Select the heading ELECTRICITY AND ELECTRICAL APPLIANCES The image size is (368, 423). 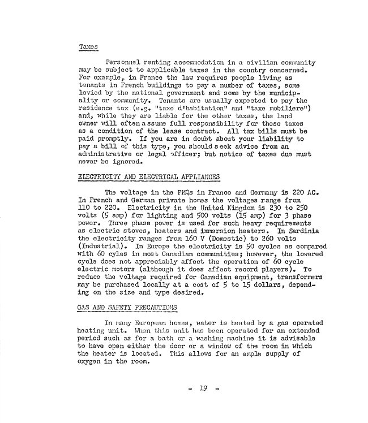148,177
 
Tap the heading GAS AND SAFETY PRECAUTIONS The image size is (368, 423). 127,308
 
